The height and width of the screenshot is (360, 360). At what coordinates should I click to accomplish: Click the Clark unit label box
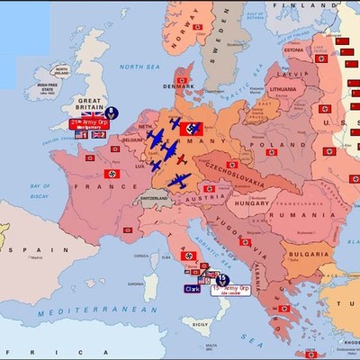(x=192, y=289)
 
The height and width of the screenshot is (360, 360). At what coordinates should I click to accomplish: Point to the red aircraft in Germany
(x=180, y=159)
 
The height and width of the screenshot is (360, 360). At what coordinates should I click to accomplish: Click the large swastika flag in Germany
(x=191, y=129)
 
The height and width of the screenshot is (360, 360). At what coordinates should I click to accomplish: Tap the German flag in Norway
(x=197, y=27)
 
